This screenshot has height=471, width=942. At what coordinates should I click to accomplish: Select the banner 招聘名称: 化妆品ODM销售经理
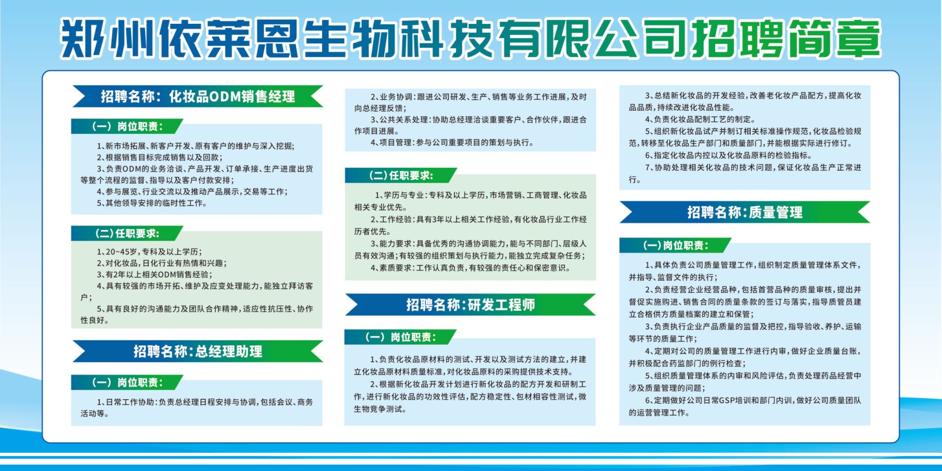pyautogui.click(x=198, y=97)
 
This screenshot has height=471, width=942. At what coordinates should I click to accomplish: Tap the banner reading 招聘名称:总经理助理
pyautogui.click(x=198, y=351)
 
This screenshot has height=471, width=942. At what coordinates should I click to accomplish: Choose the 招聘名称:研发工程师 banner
pyautogui.click(x=470, y=304)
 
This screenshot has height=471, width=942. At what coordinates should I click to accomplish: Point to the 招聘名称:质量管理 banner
pyautogui.click(x=745, y=212)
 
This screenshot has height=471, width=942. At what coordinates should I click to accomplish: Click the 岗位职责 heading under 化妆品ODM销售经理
pyautogui.click(x=127, y=126)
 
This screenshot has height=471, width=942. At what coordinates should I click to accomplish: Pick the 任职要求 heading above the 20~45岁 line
pyautogui.click(x=127, y=233)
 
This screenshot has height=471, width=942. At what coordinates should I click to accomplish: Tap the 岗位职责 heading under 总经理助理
pyautogui.click(x=127, y=382)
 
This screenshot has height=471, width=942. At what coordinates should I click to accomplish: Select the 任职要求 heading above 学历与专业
pyautogui.click(x=401, y=175)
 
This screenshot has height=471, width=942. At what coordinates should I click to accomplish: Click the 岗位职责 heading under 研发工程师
pyautogui.click(x=401, y=337)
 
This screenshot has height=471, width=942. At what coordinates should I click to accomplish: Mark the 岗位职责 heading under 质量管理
pyautogui.click(x=675, y=245)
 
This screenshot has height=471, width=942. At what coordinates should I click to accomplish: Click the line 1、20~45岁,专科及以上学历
pyautogui.click(x=149, y=252)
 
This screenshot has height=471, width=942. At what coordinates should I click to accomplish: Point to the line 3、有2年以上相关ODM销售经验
pyautogui.click(x=154, y=275)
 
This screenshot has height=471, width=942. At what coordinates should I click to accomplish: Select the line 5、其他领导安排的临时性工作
pyautogui.click(x=151, y=203)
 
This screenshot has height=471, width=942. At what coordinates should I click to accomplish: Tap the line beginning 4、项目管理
pyautogui.click(x=452, y=143)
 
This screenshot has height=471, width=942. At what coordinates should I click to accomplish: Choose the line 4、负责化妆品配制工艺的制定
pyautogui.click(x=700, y=119)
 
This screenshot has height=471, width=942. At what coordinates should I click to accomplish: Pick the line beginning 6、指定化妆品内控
pyautogui.click(x=728, y=155)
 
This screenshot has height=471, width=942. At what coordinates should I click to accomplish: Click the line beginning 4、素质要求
pyautogui.click(x=470, y=268)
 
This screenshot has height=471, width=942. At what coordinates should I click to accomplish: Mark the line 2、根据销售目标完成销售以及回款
pyautogui.click(x=159, y=157)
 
